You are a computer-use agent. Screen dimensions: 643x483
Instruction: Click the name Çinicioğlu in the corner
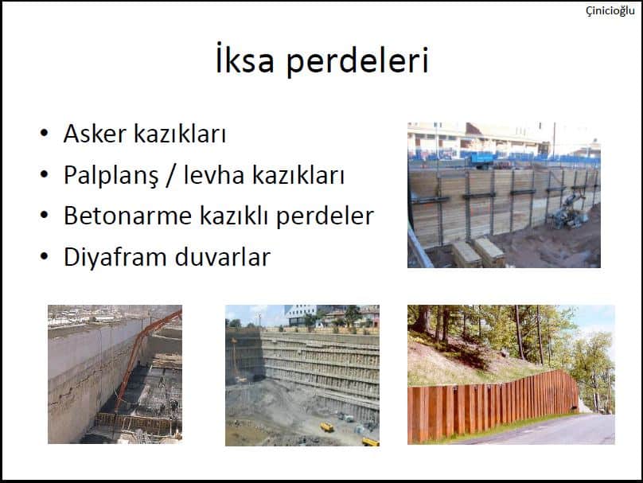pos(610,10)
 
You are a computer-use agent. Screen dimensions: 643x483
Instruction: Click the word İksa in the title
pos(245,60)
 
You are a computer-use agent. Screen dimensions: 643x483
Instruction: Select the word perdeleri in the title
pos(357,61)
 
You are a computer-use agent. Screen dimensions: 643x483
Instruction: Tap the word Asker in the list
pos(95,134)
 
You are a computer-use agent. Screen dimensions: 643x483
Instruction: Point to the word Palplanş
pos(111,176)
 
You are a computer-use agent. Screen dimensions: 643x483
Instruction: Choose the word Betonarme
pos(127,216)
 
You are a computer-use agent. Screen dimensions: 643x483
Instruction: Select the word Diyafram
pos(115,258)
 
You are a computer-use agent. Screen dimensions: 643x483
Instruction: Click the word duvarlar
pos(223,257)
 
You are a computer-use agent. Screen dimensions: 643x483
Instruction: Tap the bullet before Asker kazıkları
pos(45,133)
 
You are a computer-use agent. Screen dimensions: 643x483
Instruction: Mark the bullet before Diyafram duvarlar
pos(45,256)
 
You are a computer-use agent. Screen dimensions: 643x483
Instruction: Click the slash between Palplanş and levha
pos(171,177)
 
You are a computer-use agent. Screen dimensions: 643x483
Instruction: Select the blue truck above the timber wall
pos(482,159)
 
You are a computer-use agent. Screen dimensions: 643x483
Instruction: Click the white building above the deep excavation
pos(302,315)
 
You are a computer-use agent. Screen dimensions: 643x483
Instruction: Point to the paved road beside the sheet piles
pos(550,430)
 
